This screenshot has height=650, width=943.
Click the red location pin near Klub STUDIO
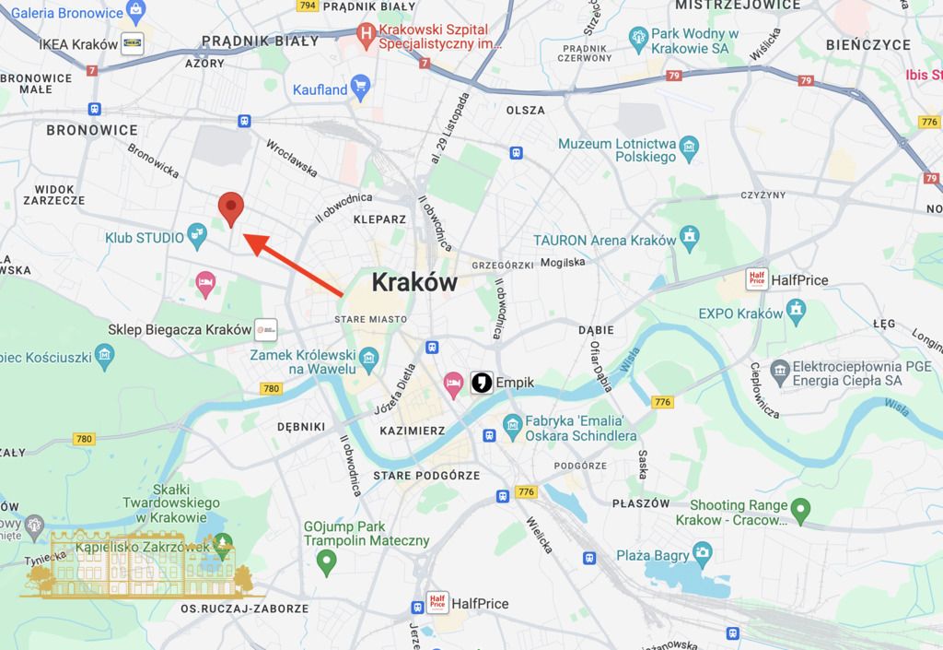231,208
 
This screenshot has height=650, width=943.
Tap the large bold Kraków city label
414,282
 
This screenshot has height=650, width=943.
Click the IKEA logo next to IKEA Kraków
133,43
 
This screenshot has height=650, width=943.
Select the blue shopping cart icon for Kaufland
361,89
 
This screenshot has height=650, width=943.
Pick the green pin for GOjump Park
326,560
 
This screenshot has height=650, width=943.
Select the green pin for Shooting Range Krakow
801,508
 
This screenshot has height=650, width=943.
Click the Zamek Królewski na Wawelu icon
367,355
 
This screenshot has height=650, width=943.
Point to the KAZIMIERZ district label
412,431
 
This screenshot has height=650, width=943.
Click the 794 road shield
307,6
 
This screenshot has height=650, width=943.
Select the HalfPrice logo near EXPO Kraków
759,279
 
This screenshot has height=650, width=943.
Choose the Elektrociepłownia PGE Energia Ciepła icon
780,372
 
